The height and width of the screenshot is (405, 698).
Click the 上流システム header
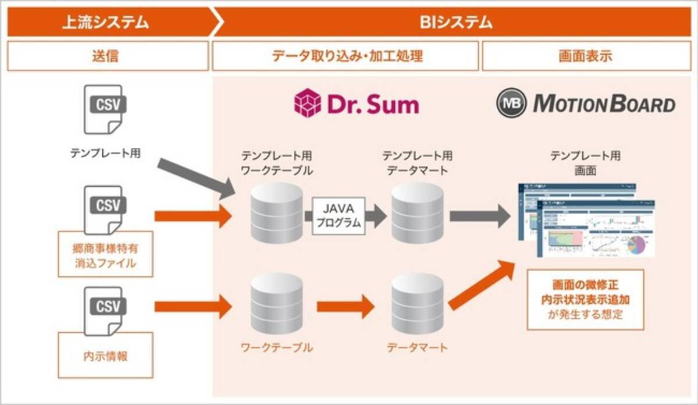point(106,23)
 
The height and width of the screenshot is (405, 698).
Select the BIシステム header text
point(456,23)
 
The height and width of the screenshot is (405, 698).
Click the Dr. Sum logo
point(357,104)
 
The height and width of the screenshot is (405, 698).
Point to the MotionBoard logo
point(586,104)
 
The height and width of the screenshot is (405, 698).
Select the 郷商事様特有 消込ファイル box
point(105,254)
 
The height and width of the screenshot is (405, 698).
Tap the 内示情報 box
point(105,355)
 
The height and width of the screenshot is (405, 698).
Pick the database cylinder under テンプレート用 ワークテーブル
point(277,212)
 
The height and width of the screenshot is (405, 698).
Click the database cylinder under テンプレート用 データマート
point(417,212)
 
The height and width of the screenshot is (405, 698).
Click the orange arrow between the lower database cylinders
point(346,306)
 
